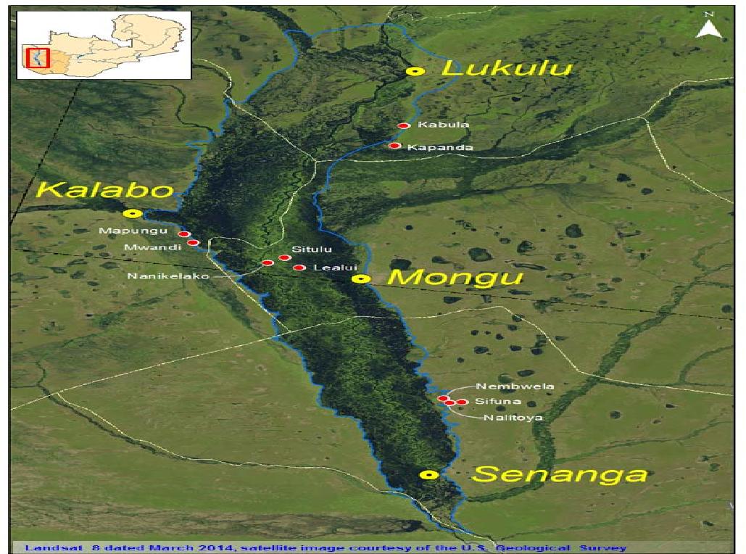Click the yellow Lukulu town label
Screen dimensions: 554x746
point(507,69)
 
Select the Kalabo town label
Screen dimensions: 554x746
point(105,190)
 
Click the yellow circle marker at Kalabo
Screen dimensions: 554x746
point(132,213)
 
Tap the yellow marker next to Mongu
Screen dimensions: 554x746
point(361,278)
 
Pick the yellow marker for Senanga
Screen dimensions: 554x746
point(429,474)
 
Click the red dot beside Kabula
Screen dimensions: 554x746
point(404,125)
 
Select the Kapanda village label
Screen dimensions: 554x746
point(440,147)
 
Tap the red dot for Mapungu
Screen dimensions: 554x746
point(184,234)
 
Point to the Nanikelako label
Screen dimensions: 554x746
point(168,276)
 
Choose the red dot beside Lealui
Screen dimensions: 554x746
point(299,268)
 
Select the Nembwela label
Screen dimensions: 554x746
point(515,386)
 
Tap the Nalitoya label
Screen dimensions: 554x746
point(513,418)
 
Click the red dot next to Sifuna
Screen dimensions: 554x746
point(462,402)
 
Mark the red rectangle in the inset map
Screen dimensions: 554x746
point(36,57)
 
